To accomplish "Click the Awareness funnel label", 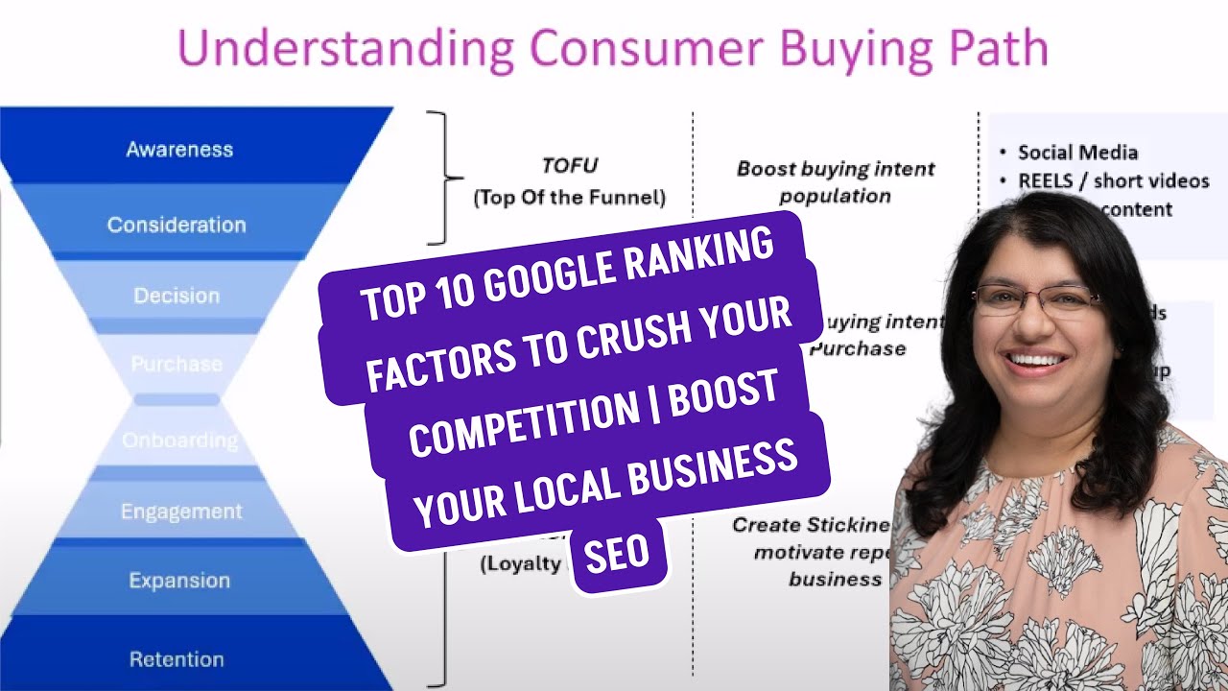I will tap(179, 150).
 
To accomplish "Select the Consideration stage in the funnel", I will tap(177, 225).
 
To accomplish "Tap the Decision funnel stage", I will tap(177, 296).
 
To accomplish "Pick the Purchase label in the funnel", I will tap(177, 364).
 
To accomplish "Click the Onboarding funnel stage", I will tap(179, 441).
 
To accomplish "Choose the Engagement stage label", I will tap(181, 512).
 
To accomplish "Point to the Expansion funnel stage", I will tap(179, 581).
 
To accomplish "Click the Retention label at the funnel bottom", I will tap(177, 659).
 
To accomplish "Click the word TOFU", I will tap(569, 165).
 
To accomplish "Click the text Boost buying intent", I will tap(835, 169).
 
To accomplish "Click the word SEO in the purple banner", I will tap(617, 553).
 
